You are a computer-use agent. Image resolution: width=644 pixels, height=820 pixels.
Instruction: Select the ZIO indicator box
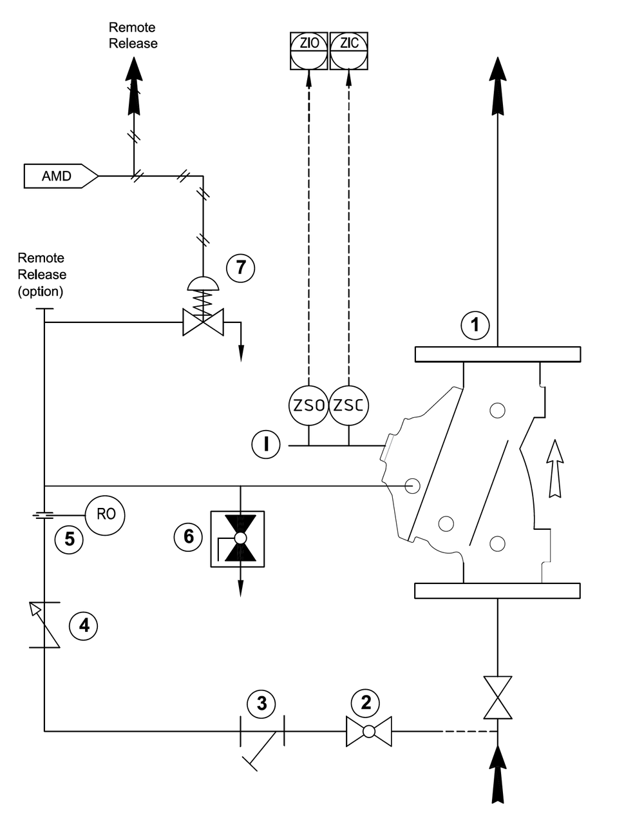[x=309, y=50]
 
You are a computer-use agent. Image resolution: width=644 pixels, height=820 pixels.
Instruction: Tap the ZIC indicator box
[x=349, y=50]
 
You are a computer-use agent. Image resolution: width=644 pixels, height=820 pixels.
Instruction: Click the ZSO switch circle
[x=308, y=405]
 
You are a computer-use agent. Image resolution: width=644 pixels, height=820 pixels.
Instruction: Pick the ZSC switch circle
[x=349, y=405]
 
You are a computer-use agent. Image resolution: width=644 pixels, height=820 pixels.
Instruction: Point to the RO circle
[x=106, y=514]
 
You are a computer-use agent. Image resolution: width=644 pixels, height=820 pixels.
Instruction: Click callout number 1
[x=475, y=325]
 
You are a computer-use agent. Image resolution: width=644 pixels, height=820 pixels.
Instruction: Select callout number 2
[x=366, y=703]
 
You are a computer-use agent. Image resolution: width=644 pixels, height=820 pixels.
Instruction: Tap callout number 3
[x=261, y=703]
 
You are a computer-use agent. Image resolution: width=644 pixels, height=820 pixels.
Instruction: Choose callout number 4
[x=84, y=625]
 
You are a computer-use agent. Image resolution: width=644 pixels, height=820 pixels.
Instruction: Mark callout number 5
[x=69, y=539]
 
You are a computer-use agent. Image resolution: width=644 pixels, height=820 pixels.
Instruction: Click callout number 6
[x=189, y=536]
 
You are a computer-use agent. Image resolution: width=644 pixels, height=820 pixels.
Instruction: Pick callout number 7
[x=241, y=267]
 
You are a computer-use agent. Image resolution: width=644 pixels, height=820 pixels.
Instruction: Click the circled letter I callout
[x=266, y=444]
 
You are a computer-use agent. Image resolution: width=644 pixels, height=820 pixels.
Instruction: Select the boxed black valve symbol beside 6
[x=238, y=539]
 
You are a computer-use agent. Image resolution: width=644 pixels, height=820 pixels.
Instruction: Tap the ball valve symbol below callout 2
[x=368, y=732]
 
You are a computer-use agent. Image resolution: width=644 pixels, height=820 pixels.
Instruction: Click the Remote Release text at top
[x=133, y=35]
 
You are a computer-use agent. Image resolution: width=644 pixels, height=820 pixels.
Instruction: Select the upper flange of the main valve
[x=497, y=354]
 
